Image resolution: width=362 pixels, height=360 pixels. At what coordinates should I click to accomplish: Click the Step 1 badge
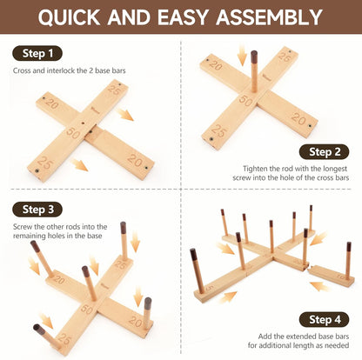(37, 53)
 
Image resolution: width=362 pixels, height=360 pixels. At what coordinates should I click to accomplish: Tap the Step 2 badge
(325, 152)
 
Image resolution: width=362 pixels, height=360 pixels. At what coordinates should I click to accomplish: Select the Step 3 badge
(37, 210)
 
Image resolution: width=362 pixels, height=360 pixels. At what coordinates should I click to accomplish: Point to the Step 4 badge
(325, 319)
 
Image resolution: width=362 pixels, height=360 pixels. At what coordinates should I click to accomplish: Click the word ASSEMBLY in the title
(270, 17)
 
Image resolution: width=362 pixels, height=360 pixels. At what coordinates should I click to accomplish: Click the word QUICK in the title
(70, 17)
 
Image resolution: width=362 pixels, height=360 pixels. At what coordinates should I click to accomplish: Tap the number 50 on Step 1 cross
(72, 134)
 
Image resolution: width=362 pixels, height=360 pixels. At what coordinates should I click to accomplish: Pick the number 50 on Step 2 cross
(246, 101)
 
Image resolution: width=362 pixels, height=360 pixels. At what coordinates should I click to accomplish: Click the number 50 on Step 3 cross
(86, 309)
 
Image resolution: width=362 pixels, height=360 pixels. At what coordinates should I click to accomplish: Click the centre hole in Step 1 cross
(83, 123)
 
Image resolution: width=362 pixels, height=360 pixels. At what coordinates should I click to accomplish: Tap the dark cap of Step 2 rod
(254, 57)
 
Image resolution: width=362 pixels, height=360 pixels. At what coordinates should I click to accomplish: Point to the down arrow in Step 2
(242, 55)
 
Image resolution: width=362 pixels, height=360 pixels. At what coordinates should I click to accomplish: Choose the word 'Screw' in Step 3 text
(23, 227)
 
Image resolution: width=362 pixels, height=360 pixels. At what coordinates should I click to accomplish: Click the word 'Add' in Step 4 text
(265, 337)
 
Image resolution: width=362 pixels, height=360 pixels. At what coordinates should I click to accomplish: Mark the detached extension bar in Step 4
(332, 275)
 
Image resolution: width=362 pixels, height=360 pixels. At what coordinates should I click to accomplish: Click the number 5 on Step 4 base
(210, 288)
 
